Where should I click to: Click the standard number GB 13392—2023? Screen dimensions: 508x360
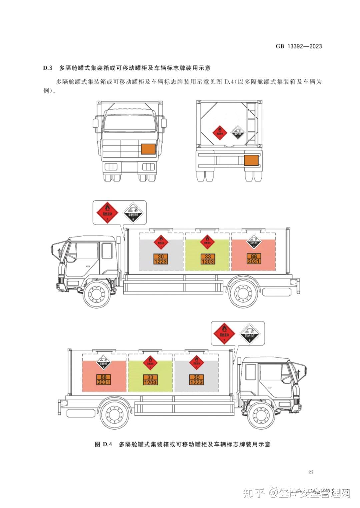tap(299, 46)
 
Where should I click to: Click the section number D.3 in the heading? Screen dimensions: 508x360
tap(48, 68)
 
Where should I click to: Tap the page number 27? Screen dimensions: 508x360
tap(311, 472)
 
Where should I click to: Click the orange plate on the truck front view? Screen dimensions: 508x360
tap(148, 149)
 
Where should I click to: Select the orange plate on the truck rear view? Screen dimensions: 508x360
tap(252, 160)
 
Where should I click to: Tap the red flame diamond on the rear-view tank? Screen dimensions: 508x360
tap(219, 133)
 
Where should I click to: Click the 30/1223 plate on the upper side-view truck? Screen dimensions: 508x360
tap(161, 259)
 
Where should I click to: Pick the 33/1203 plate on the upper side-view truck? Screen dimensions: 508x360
tap(207, 259)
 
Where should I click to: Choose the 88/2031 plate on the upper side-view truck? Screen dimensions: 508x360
tap(254, 259)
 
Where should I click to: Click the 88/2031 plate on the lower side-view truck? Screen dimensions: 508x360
tap(104, 380)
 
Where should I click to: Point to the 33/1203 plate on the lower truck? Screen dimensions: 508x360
tap(150, 380)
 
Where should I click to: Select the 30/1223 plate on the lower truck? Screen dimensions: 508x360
tap(196, 380)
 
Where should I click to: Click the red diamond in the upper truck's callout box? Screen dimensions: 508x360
tap(107, 213)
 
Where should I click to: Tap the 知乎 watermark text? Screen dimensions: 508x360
tap(254, 493)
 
